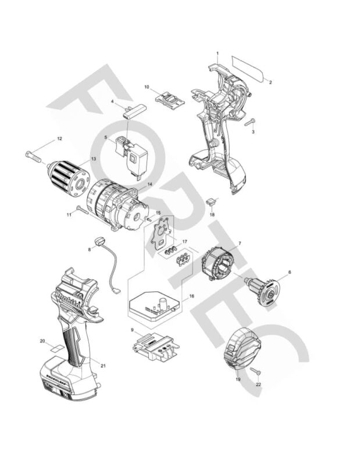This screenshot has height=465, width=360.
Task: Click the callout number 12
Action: [59, 139]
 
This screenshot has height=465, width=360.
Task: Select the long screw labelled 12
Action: [35, 155]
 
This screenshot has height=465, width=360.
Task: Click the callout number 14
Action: [149, 184]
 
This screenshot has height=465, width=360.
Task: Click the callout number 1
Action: [217, 53]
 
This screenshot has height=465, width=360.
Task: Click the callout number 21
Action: [103, 366]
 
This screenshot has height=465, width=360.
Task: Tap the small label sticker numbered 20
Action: [55, 349]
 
